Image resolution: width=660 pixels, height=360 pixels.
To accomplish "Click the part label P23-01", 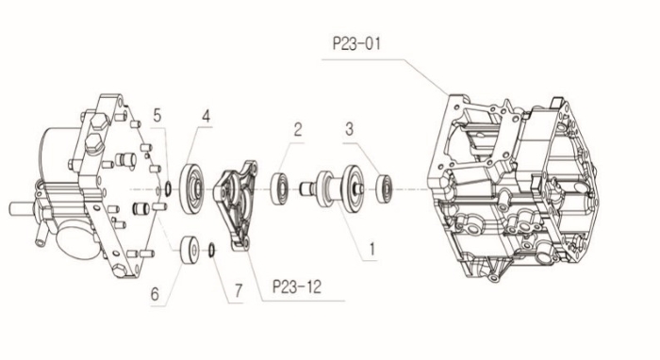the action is pos(356,43).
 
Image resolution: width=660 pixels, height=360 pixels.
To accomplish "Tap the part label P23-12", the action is pos(297,286).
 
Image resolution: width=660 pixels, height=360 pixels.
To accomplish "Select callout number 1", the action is pos(371,250).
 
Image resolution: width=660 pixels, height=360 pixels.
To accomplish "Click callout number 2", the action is pos(298,129).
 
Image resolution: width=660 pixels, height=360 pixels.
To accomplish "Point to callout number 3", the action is pos(350,129).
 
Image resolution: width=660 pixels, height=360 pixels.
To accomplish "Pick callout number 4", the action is pos(206,116).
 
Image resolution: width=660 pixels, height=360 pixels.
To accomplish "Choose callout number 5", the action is pos(157,115).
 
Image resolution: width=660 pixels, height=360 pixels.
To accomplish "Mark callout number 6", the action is pos(155,294).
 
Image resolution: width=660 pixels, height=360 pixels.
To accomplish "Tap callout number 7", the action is pos(239,290).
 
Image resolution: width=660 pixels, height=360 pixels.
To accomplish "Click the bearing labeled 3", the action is pos(384,188).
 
